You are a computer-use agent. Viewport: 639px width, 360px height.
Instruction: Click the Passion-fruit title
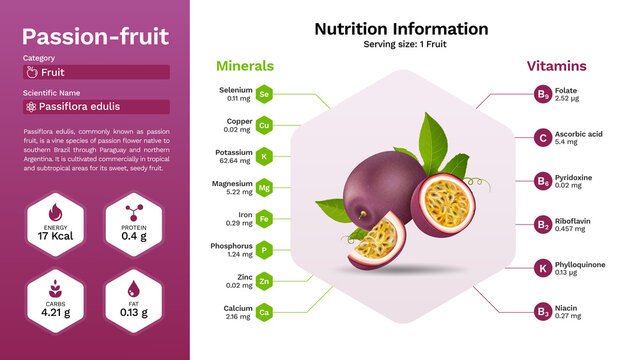(95, 37)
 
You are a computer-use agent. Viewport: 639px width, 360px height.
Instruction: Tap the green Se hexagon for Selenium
(264, 94)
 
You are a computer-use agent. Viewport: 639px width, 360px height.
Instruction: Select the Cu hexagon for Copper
(264, 126)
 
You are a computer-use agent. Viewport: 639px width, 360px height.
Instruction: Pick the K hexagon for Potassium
(264, 157)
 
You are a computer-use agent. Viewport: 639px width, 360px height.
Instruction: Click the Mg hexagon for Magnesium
(264, 188)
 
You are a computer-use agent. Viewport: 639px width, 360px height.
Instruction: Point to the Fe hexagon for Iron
(264, 219)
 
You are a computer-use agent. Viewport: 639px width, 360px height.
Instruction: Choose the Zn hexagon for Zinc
(264, 282)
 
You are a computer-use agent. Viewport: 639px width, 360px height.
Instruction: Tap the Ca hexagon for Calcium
(264, 313)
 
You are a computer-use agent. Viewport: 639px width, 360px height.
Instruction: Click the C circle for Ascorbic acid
(542, 138)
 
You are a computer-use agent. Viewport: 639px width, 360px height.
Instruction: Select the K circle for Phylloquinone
(542, 268)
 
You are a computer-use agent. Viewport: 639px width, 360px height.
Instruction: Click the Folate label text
(567, 91)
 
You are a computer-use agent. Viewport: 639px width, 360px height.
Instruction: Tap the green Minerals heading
(245, 66)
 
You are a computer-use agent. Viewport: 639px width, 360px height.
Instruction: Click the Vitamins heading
(557, 66)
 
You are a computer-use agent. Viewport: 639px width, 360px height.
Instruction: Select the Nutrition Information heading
(401, 29)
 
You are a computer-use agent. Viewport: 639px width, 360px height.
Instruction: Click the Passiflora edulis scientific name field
(96, 107)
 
